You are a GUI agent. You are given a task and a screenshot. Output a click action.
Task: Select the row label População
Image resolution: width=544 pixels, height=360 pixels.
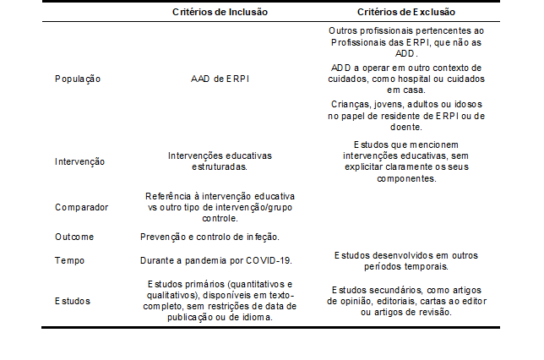pyautogui.click(x=78, y=79)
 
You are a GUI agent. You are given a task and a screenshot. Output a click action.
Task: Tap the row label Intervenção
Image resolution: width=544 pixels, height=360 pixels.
pyautogui.click(x=80, y=161)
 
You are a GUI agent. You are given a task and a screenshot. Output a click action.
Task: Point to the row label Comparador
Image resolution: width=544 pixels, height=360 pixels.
pyautogui.click(x=81, y=205)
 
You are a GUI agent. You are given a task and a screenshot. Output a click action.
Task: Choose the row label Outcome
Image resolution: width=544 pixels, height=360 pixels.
pyautogui.click(x=74, y=237)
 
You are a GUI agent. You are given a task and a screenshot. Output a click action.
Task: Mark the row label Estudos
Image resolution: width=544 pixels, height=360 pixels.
pyautogui.click(x=73, y=300)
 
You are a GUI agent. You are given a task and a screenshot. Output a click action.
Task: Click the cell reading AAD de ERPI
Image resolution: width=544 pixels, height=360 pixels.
pyautogui.click(x=219, y=79)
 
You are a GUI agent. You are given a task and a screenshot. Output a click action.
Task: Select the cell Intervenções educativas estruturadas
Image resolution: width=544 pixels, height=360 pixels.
pyautogui.click(x=219, y=161)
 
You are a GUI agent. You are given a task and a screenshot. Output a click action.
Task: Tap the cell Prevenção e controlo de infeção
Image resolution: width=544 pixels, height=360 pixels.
pyautogui.click(x=209, y=237)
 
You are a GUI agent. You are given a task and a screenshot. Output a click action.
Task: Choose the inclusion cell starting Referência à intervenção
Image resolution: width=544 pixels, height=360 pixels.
pyautogui.click(x=219, y=205)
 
